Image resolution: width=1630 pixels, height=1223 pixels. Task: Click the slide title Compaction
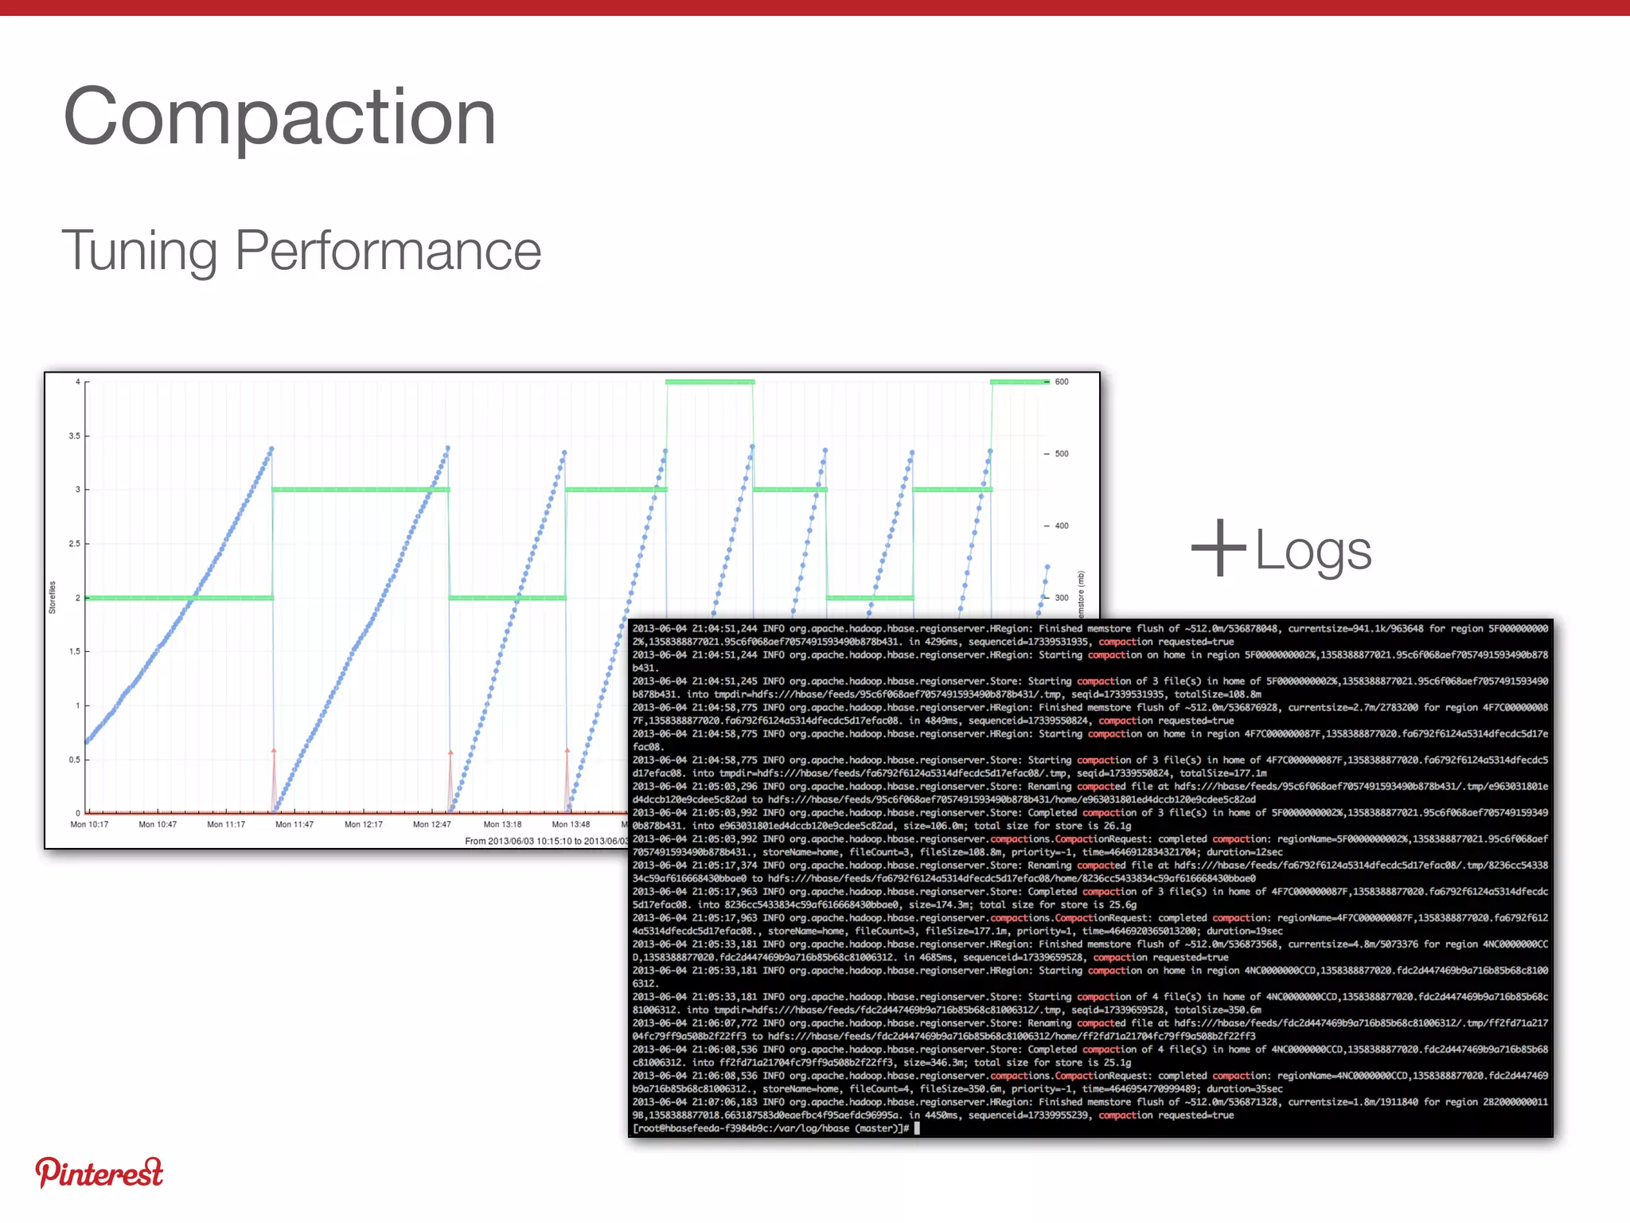pos(279,117)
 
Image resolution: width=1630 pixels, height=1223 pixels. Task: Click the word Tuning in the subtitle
pos(139,251)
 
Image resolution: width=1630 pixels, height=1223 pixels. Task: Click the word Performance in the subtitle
pos(388,251)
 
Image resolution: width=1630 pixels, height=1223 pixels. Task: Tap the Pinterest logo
pos(99,1172)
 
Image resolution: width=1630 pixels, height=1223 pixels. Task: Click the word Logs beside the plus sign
pos(1313,550)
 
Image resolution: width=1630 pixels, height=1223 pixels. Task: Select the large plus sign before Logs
pos(1218,548)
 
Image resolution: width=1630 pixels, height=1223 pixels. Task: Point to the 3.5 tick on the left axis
pos(75,436)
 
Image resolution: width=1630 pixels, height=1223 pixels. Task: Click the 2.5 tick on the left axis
pos(75,544)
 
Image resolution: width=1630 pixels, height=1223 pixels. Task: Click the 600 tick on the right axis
pos(1061,382)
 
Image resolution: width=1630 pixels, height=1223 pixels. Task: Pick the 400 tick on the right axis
pos(1061,526)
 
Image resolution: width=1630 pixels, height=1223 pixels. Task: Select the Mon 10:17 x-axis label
pos(89,825)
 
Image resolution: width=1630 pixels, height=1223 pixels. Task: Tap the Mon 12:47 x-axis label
pos(431,825)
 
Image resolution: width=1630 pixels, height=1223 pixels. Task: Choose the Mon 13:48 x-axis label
pos(571,825)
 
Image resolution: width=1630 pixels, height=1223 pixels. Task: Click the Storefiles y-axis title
pos(53,597)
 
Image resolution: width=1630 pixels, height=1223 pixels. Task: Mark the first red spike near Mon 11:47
pos(274,752)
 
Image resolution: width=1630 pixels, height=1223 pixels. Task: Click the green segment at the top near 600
pos(709,382)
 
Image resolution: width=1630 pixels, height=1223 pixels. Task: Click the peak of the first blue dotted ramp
pos(271,449)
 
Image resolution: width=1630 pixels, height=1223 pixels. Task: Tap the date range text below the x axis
pos(546,841)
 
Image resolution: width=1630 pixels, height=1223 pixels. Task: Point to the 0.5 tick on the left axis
pos(75,760)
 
